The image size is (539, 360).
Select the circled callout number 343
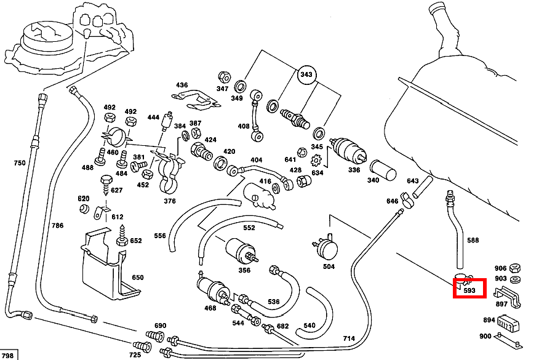tap(306, 75)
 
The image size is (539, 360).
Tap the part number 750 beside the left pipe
tap(20, 162)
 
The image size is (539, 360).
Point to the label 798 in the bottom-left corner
tap(8, 355)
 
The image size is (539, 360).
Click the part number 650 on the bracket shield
tap(137, 278)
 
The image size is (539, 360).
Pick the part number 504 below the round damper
tap(329, 266)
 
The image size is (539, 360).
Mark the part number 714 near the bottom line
tap(348, 338)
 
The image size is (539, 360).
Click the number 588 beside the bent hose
tap(473, 241)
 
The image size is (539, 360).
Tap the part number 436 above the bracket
tap(182, 85)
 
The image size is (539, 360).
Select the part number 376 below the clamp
tap(169, 201)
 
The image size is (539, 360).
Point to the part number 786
tap(57, 225)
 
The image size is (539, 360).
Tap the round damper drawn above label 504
tap(327, 247)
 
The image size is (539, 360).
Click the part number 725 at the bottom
tap(135, 355)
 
